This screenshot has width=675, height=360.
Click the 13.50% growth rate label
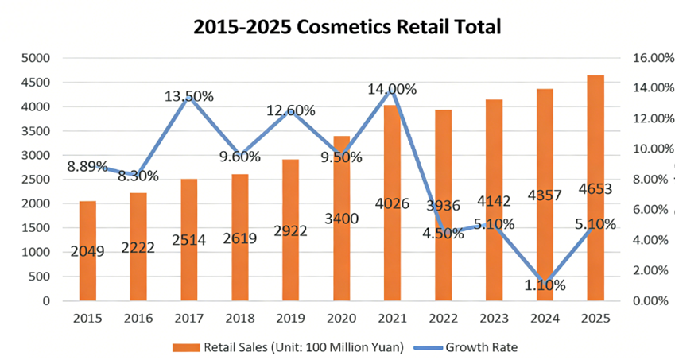[x=189, y=96]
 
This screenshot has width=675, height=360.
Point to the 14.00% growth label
[x=391, y=89]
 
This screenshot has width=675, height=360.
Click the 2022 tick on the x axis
[x=443, y=319]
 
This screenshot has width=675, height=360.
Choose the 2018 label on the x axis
[x=240, y=319]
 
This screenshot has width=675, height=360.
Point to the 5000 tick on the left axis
[x=35, y=58]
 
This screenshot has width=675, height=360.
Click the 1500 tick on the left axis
[x=35, y=228]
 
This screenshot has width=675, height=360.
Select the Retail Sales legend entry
[x=294, y=346]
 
